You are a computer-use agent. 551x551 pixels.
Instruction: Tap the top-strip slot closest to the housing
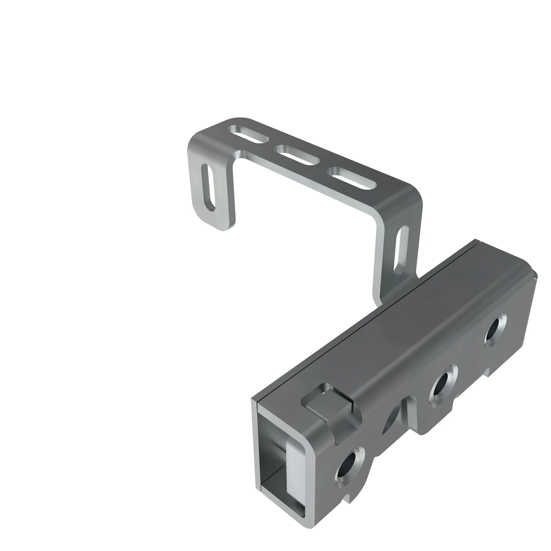(x=351, y=178)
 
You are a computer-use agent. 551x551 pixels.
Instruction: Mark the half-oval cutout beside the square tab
(x=392, y=419)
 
